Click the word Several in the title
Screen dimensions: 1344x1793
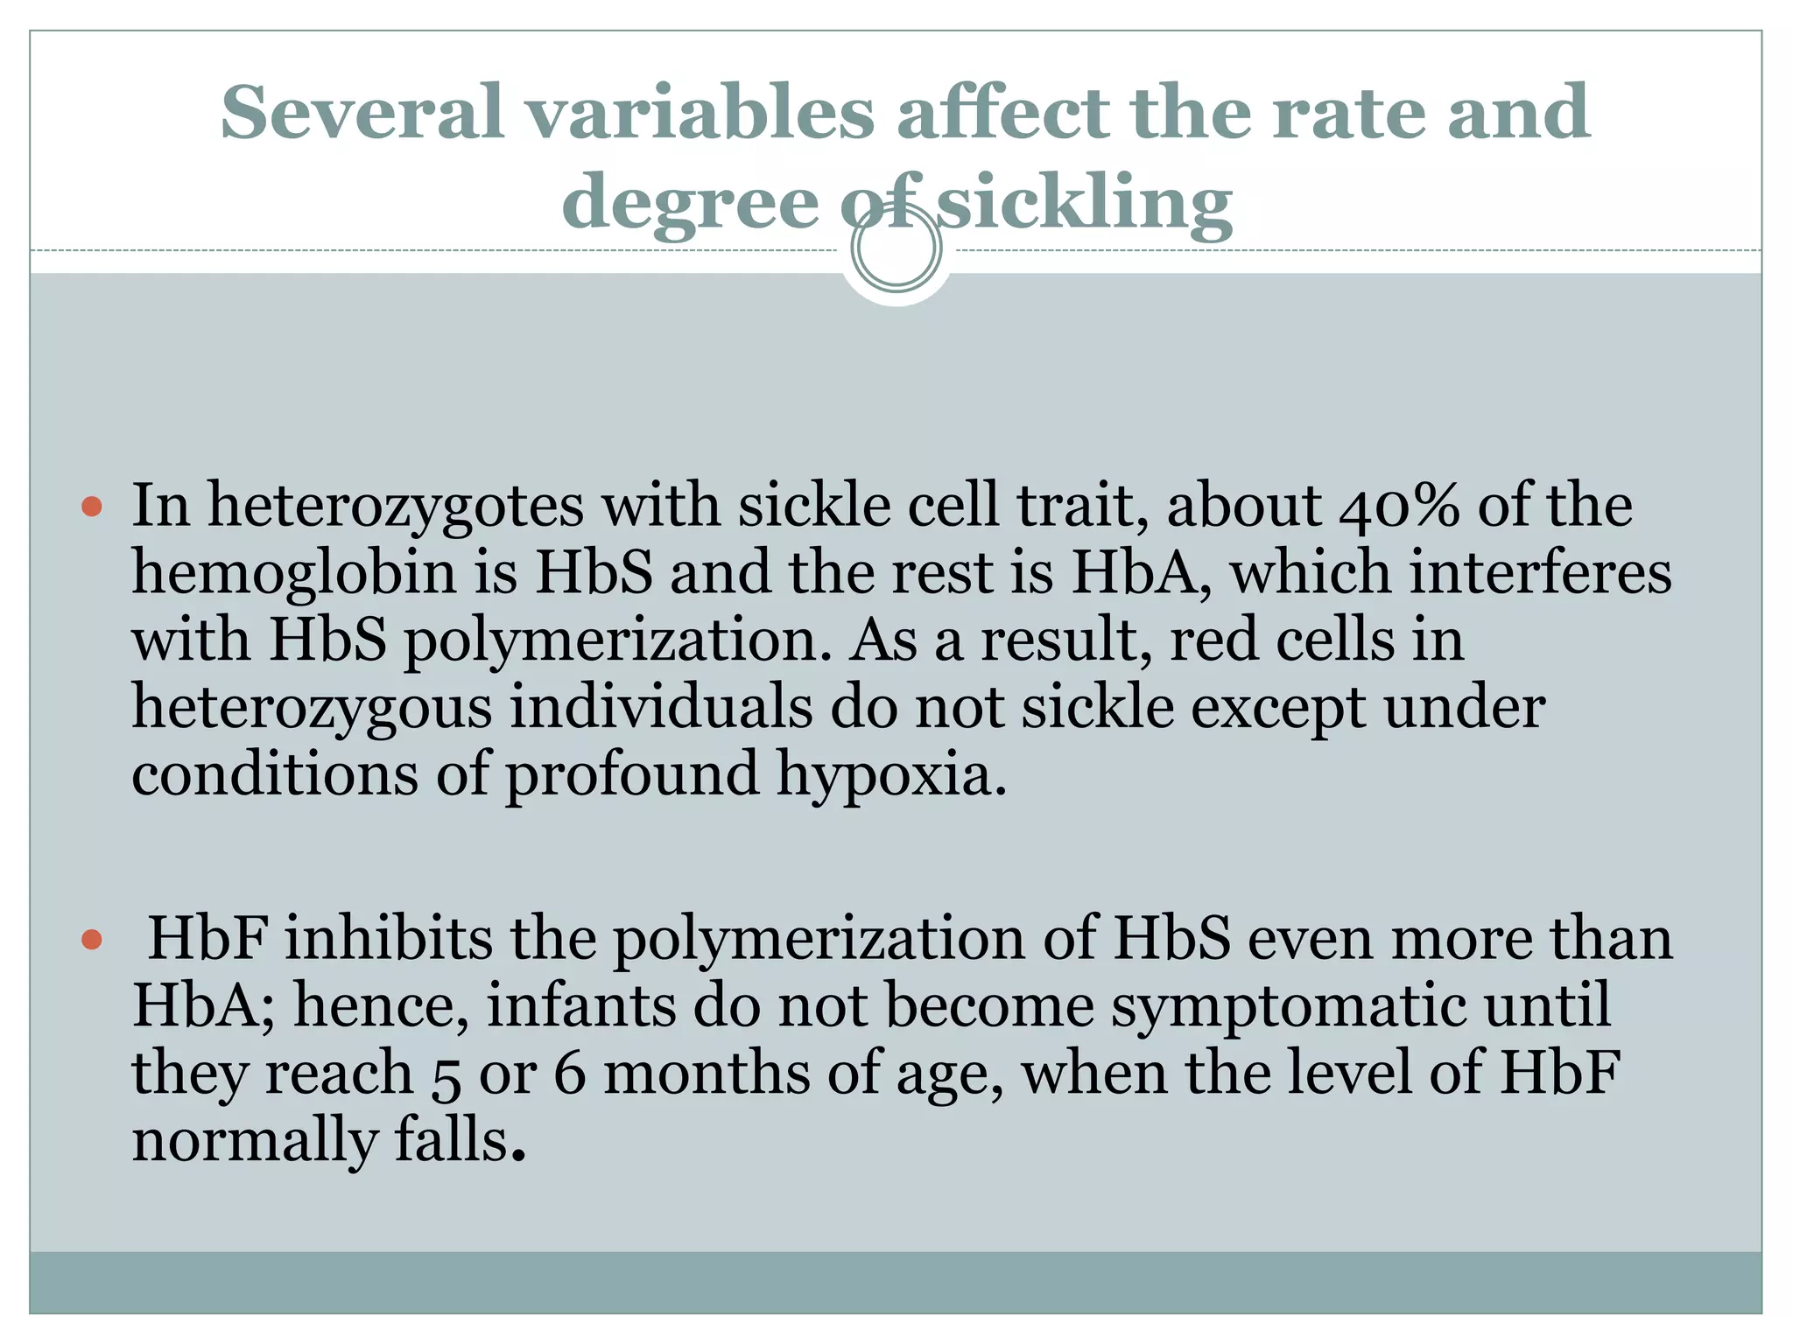(x=362, y=112)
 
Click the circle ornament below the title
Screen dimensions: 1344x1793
(x=896, y=248)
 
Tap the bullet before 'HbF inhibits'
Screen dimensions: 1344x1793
(x=92, y=940)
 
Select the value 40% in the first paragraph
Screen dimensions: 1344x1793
(x=1399, y=506)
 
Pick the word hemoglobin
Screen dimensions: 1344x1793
(x=294, y=574)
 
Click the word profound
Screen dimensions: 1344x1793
(x=632, y=775)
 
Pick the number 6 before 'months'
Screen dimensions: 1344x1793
(x=569, y=1074)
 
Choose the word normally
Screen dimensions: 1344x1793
(x=253, y=1142)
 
